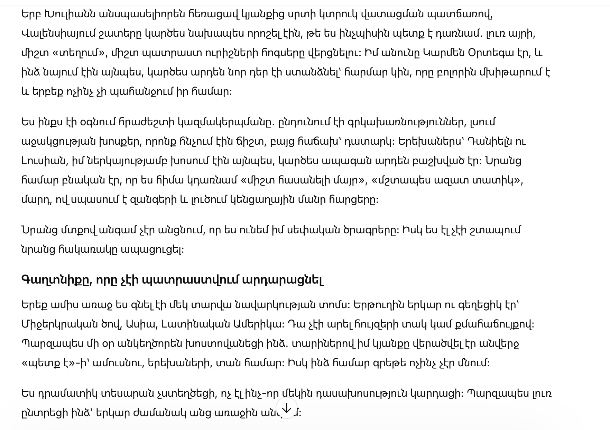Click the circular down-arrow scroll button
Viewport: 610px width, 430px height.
287,409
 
